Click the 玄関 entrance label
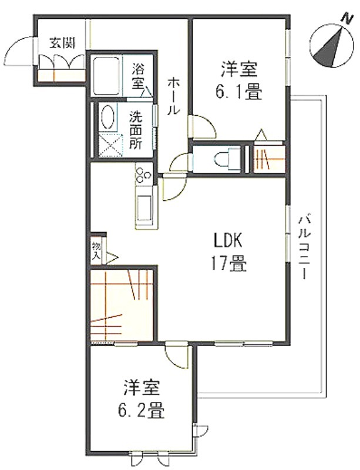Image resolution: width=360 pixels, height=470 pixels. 62,43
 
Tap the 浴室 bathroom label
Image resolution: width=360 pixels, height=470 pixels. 138,75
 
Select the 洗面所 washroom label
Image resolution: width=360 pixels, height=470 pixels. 136,130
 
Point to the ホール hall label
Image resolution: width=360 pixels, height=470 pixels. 173,96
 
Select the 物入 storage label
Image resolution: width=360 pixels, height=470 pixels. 97,250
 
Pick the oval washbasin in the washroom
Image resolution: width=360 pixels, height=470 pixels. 108,118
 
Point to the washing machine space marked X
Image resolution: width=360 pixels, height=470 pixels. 111,145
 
